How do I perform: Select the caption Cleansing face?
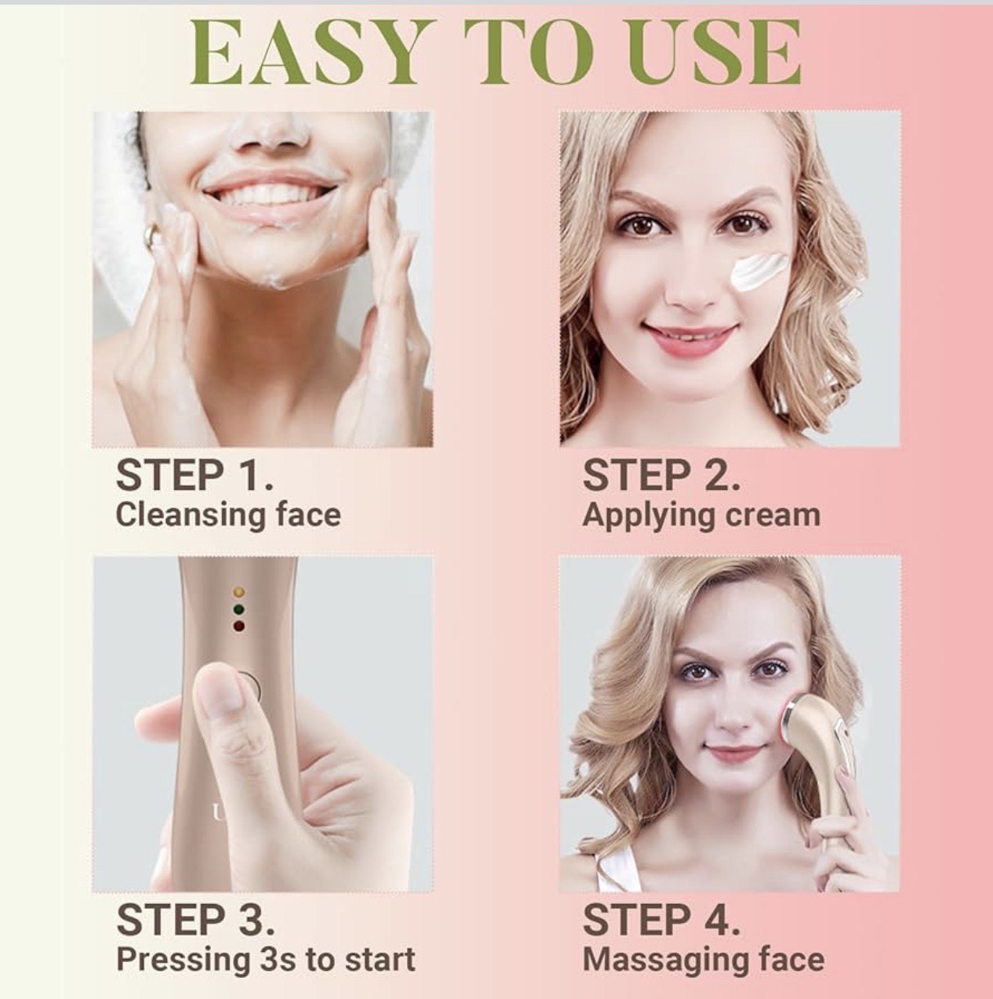coord(228,515)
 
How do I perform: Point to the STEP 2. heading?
coord(661,476)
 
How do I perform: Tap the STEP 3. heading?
coord(196,920)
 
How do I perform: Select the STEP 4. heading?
coord(661,920)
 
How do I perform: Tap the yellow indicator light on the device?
coord(240,592)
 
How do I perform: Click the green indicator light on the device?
coord(240,608)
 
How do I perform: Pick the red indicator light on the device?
coord(240,625)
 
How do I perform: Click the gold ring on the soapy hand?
coord(152,234)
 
